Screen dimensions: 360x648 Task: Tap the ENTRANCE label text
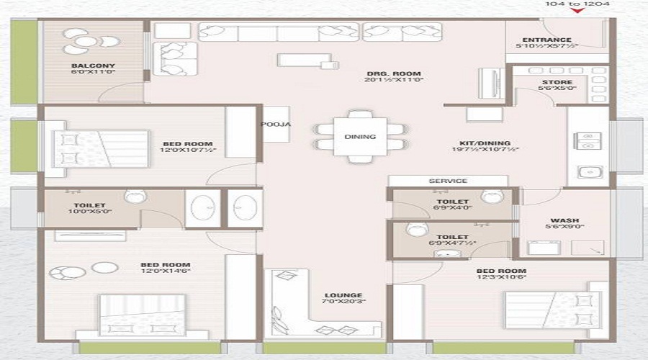pyautogui.click(x=546, y=40)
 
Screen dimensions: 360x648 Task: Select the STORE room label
pyautogui.click(x=557, y=83)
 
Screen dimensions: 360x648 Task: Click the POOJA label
pyautogui.click(x=276, y=124)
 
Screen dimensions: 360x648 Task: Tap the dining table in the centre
pyautogui.click(x=360, y=136)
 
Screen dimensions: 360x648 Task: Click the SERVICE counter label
pyautogui.click(x=448, y=181)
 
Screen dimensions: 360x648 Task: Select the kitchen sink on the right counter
pyautogui.click(x=588, y=173)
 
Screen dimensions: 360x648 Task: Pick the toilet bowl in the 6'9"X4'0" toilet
pyautogui.click(x=491, y=197)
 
